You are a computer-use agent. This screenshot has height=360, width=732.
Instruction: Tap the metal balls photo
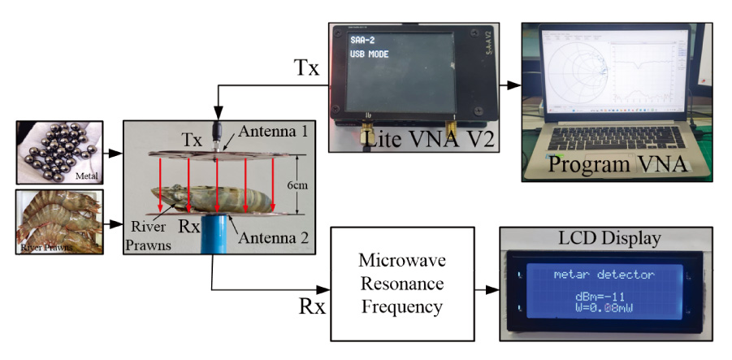(59, 152)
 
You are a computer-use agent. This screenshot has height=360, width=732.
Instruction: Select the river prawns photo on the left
(59, 222)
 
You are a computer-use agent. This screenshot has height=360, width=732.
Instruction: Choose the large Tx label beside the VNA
(306, 68)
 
